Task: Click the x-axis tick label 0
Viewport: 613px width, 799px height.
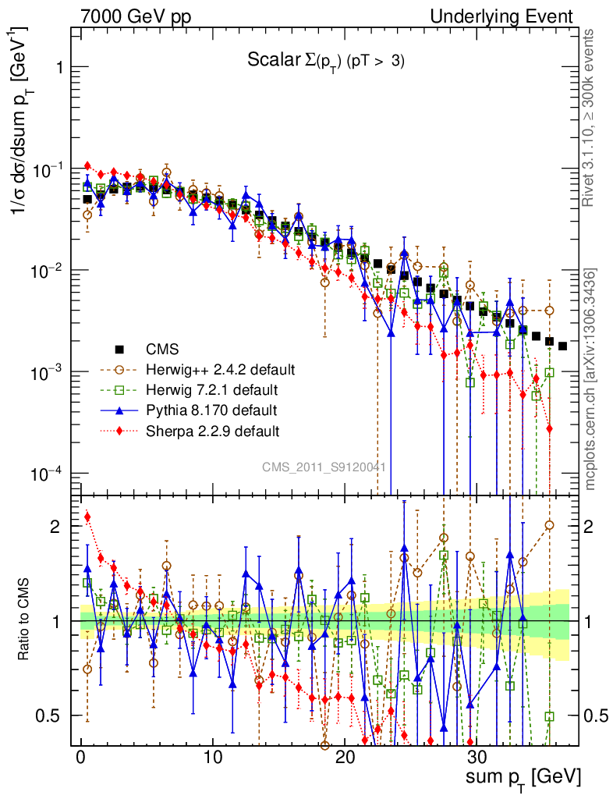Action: coord(80,758)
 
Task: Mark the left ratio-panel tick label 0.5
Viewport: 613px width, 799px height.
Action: coord(56,716)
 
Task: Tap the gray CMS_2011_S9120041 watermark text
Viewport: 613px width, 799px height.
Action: coord(324,467)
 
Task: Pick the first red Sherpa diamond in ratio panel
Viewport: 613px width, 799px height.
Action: coord(87,517)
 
